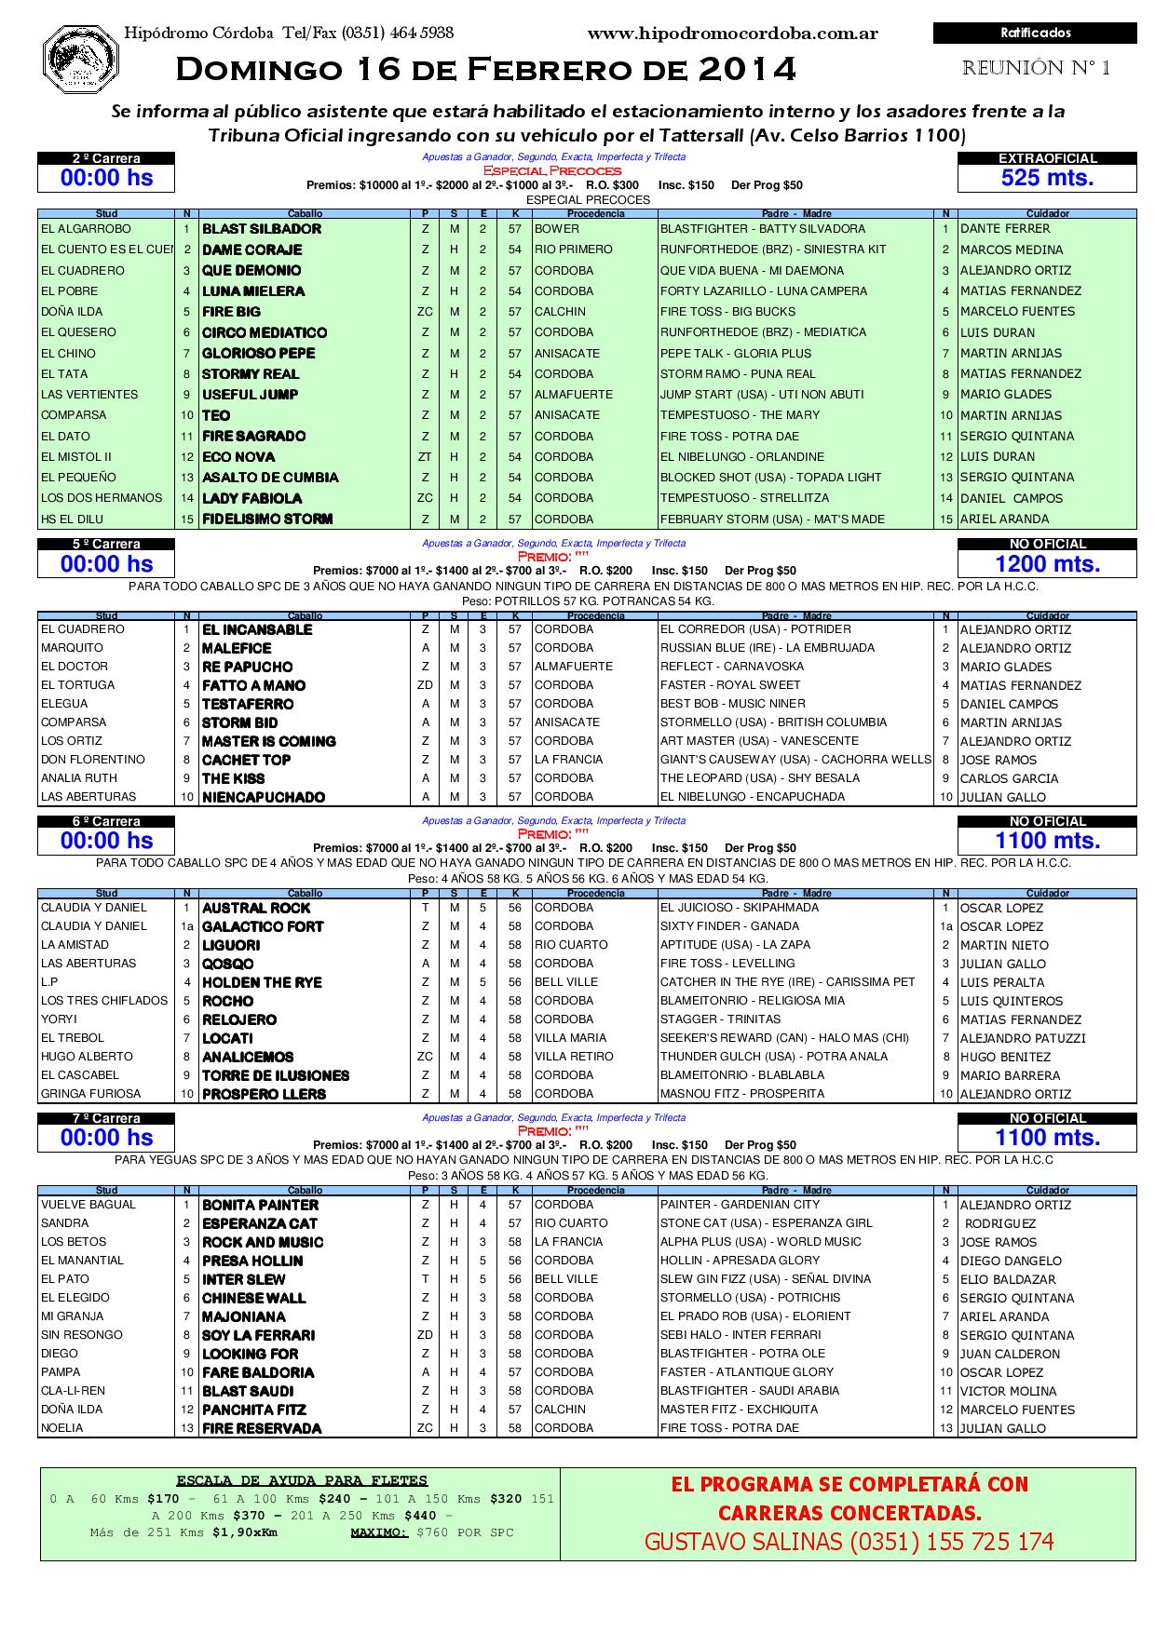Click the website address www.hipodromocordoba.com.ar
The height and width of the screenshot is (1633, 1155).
click(x=732, y=34)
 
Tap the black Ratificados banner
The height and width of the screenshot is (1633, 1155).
click(x=1035, y=34)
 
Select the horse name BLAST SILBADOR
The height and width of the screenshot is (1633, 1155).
click(x=262, y=229)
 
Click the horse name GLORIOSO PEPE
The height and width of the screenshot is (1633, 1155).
click(x=259, y=354)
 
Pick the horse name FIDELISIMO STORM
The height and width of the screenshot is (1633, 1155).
click(x=267, y=520)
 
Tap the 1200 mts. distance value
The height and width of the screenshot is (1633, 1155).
click(x=1047, y=563)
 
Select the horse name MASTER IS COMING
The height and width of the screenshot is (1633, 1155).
click(x=268, y=741)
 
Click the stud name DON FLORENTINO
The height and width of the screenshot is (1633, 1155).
click(x=93, y=760)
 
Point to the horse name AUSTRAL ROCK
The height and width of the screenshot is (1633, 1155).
click(x=256, y=908)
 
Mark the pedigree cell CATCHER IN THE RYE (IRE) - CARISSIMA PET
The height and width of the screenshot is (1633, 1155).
click(x=788, y=982)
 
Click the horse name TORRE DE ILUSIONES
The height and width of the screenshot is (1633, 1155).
click(x=276, y=1075)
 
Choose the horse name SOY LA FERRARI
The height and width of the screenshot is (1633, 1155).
click(x=259, y=1335)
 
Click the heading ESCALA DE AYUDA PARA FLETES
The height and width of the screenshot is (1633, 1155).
click(x=302, y=1480)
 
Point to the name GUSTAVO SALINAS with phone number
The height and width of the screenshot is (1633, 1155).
click(x=849, y=1542)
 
